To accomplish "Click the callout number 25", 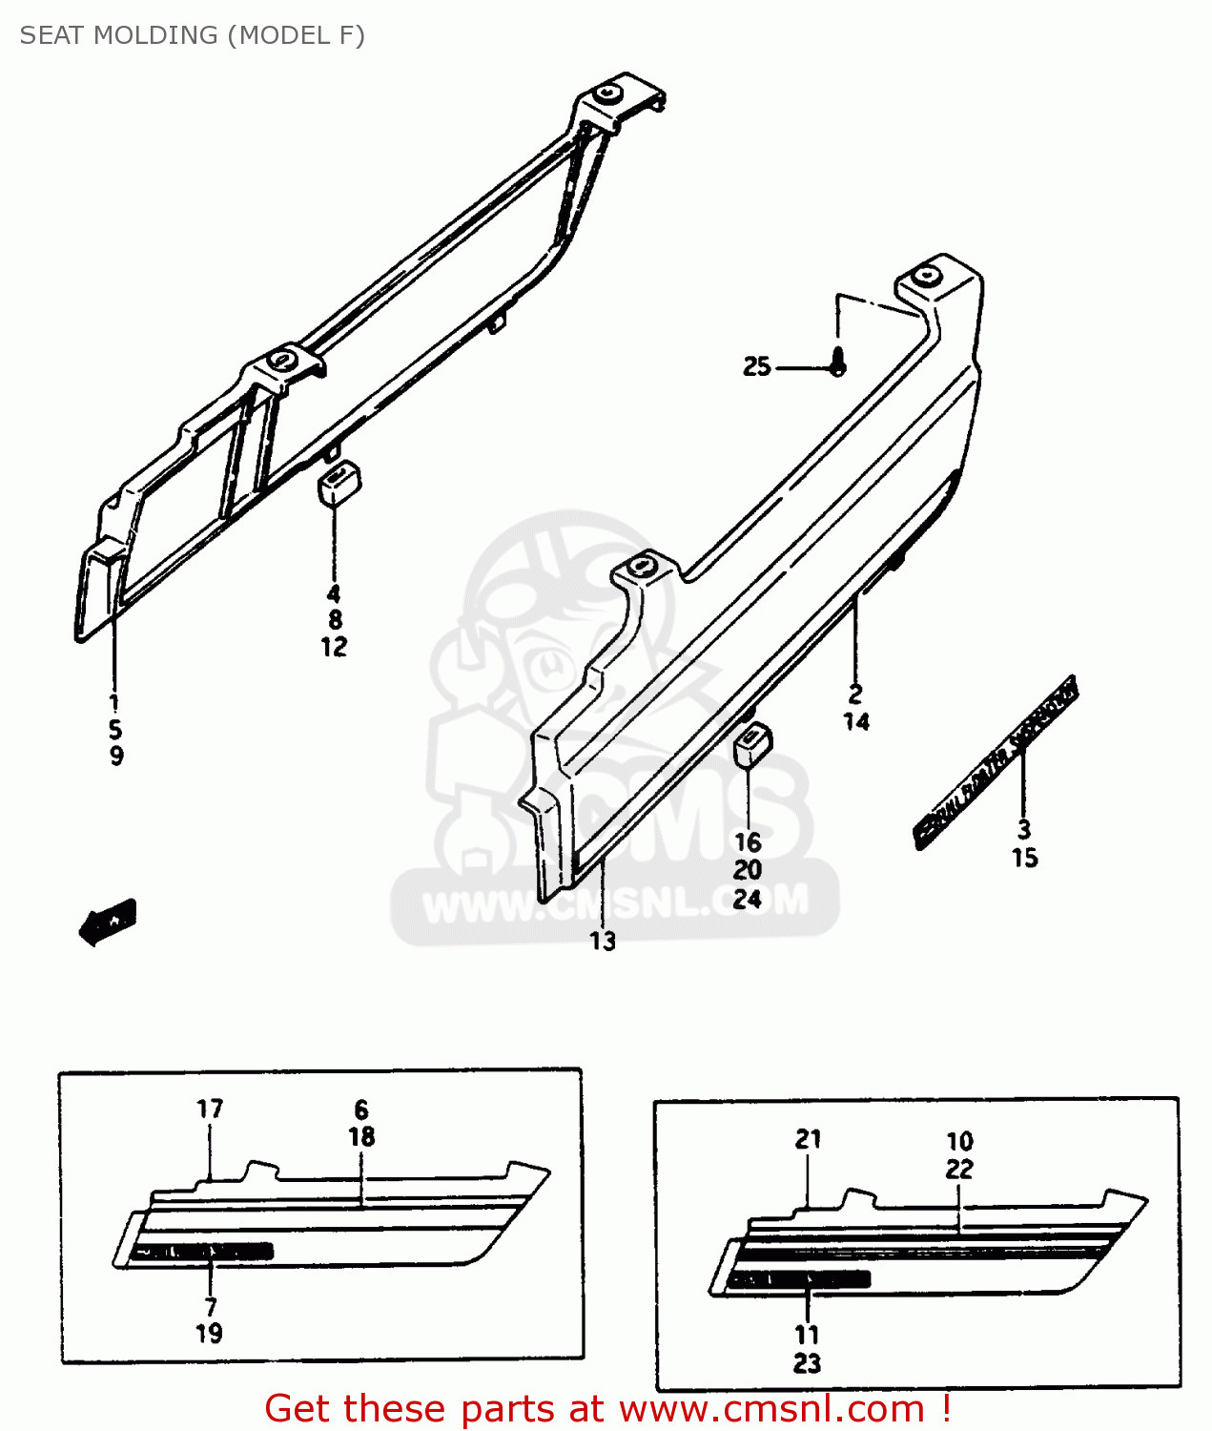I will pos(756,366).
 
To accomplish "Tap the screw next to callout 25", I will pos(837,363).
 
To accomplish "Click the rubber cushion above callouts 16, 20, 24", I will pos(751,744).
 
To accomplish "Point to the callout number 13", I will pos(602,942).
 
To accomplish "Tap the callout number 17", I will pos(210,1109).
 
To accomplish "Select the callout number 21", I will pos(808,1138).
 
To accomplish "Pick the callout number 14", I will pos(855,722).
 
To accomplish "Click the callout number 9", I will pos(116,757).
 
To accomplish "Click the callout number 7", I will pos(211,1306).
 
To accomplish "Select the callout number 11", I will pos(807,1335).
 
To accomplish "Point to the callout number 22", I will pos(959,1169).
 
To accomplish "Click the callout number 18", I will pos(361,1137).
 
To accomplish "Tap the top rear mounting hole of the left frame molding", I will pos(608,93).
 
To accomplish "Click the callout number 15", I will pos(1024,858).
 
